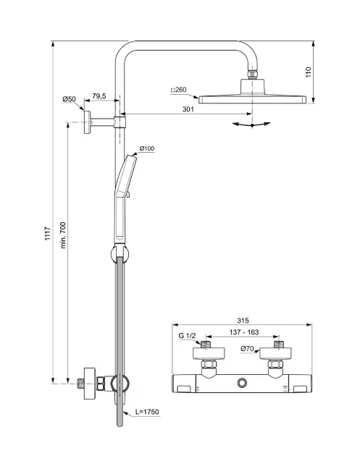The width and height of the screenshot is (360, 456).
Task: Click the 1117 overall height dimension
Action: click(x=47, y=234)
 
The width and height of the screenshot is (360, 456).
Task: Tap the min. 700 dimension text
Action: click(x=63, y=235)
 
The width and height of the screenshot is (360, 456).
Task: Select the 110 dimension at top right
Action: click(x=309, y=72)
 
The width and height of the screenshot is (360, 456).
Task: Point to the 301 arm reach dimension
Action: click(x=188, y=109)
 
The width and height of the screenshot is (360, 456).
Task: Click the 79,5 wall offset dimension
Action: click(x=99, y=96)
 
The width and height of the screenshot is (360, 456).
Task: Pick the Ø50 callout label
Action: click(x=69, y=99)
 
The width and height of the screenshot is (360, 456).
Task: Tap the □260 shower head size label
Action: click(x=178, y=90)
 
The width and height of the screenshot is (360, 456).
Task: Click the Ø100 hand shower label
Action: click(x=147, y=148)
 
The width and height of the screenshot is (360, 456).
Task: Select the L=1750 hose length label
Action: click(x=147, y=412)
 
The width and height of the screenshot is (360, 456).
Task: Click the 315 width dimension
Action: click(x=243, y=321)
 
